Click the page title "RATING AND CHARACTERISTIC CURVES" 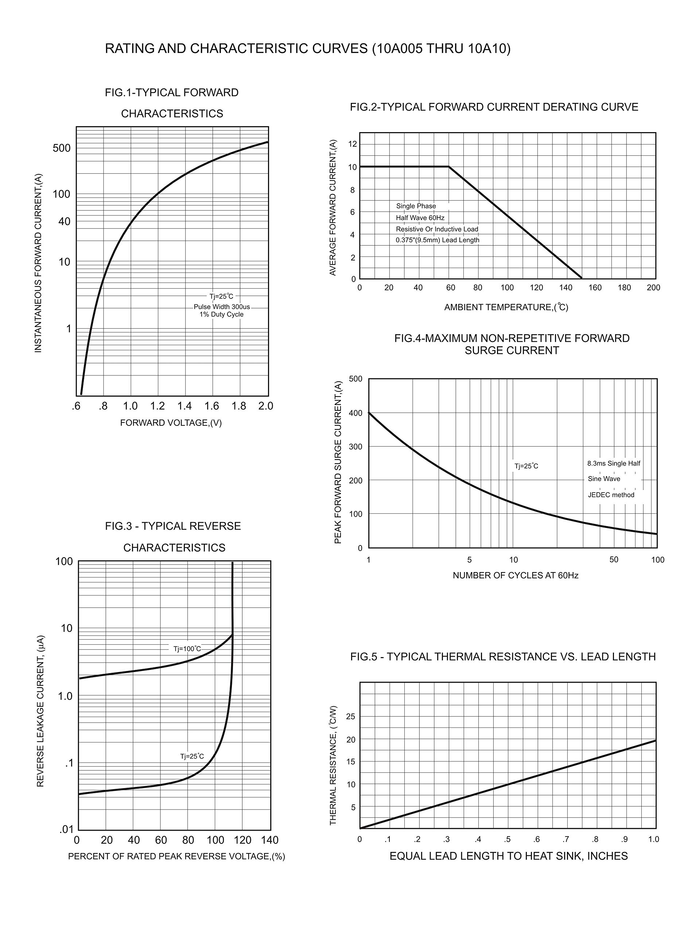(236, 49)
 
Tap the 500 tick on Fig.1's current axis (61, 148)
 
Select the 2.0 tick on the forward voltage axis (265, 406)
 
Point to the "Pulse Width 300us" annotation (222, 307)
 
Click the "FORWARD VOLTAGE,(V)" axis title (171, 423)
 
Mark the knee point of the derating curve (449, 166)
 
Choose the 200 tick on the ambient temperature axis (653, 287)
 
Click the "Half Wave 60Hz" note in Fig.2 (420, 218)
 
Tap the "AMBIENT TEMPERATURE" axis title (506, 307)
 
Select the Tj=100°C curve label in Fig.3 (187, 649)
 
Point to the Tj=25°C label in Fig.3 (192, 756)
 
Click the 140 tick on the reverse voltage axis (269, 840)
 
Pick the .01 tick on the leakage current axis (66, 829)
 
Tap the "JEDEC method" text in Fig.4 (611, 495)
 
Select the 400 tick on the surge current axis (355, 413)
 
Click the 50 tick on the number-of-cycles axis (614, 560)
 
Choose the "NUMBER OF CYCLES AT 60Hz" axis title (515, 575)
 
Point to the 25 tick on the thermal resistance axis (350, 717)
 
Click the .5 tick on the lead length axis (507, 840)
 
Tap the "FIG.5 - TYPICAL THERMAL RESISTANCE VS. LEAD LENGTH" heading (503, 656)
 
